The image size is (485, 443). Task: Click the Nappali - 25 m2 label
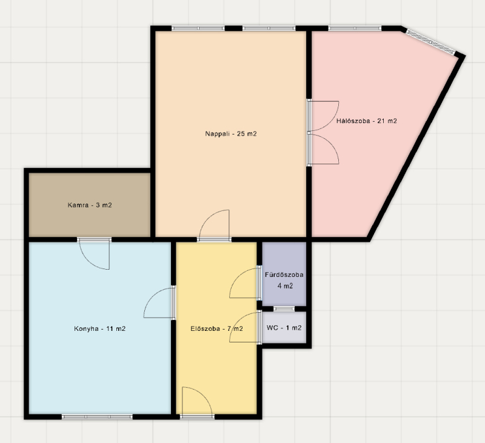pyautogui.click(x=231, y=134)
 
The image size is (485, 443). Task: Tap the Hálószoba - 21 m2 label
pyautogui.click(x=367, y=121)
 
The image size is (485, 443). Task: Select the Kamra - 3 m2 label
pyautogui.click(x=90, y=205)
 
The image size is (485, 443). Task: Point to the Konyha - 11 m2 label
pyautogui.click(x=99, y=328)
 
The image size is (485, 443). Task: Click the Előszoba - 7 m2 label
pyautogui.click(x=216, y=328)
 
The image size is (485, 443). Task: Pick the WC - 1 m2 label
pyautogui.click(x=284, y=328)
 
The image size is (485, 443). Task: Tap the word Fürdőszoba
pyautogui.click(x=284, y=275)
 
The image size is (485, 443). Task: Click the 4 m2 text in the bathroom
pyautogui.click(x=285, y=286)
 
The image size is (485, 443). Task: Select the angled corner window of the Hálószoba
pyautogui.click(x=430, y=41)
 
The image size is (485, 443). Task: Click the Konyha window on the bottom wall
pyautogui.click(x=97, y=417)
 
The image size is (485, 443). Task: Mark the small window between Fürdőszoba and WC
pyautogui.click(x=284, y=308)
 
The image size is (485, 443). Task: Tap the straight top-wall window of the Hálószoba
pyautogui.click(x=355, y=28)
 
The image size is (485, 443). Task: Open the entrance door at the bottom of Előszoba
pyautogui.click(x=197, y=402)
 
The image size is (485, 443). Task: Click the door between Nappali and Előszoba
pyautogui.click(x=214, y=225)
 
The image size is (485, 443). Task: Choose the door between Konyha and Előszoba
pyautogui.click(x=159, y=302)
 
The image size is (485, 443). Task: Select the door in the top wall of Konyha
pyautogui.click(x=95, y=253)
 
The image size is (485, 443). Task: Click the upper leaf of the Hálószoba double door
pyautogui.click(x=323, y=116)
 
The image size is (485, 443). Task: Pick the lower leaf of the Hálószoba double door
pyautogui.click(x=323, y=148)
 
